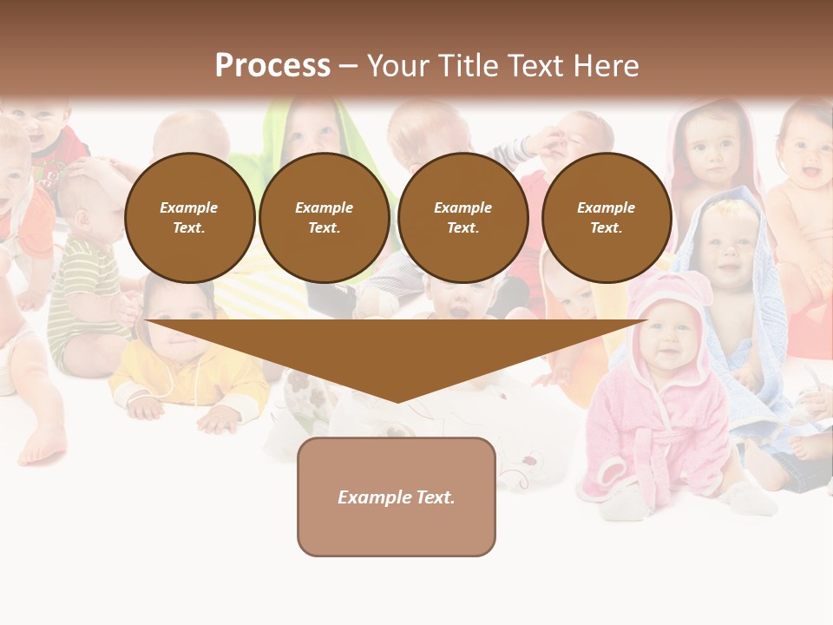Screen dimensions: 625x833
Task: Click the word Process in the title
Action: pos(272,66)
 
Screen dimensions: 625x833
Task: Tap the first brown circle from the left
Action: pos(189,218)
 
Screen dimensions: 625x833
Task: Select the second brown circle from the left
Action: pos(325,218)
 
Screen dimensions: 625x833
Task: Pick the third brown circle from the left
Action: pos(463,218)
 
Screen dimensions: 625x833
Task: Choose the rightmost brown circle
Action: pos(607,218)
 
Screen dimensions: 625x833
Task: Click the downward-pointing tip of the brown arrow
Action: pos(397,399)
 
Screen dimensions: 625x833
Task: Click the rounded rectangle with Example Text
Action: pos(397,497)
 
